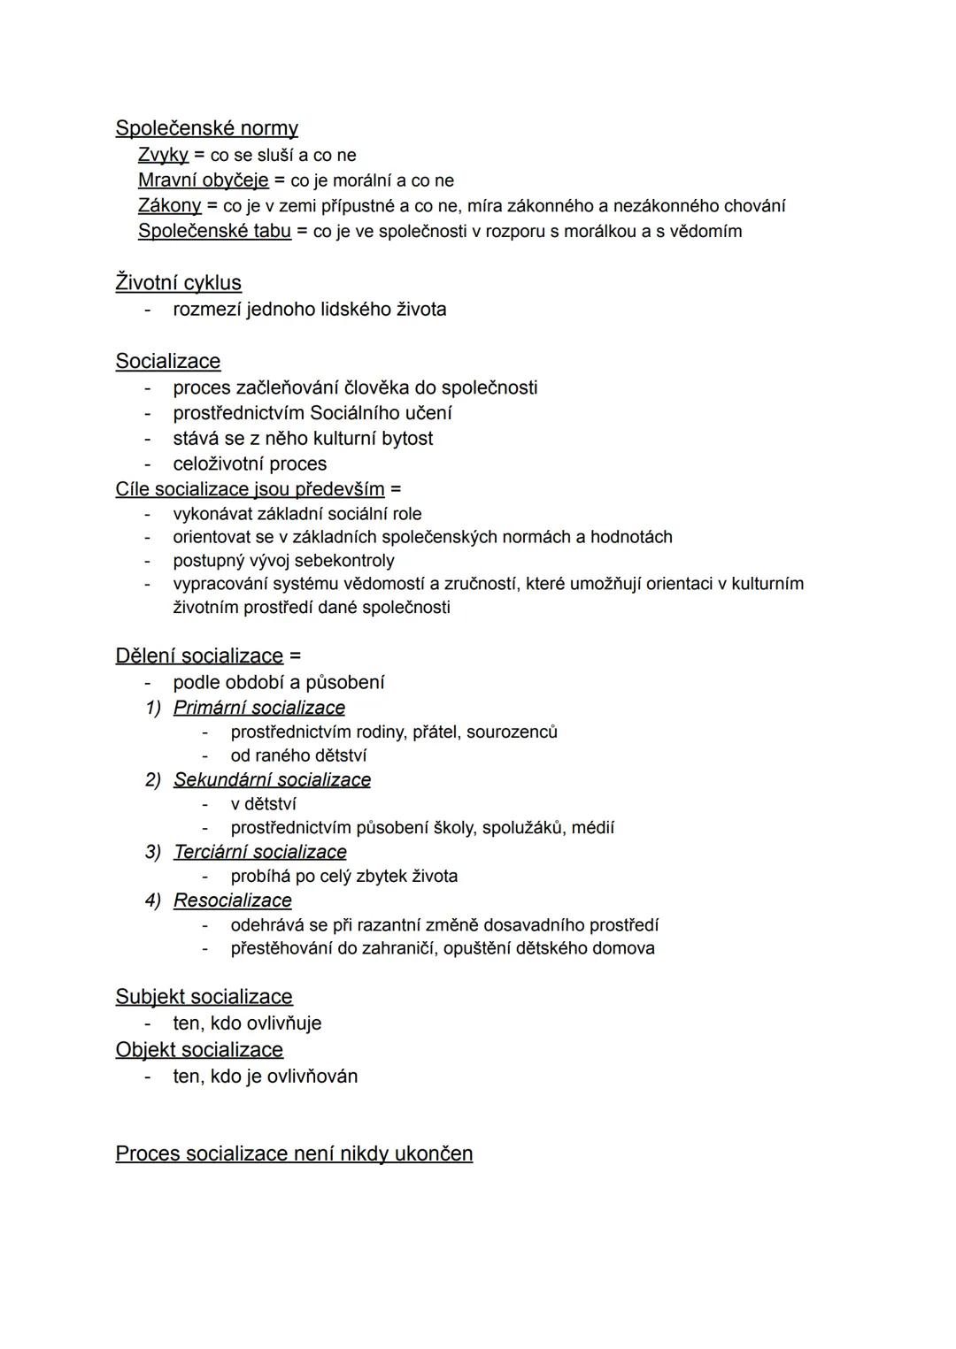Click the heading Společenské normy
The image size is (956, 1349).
[x=206, y=128]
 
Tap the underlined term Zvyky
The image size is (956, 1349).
[x=163, y=155]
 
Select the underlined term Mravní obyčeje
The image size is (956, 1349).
[x=203, y=180]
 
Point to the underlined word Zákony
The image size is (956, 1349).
[x=169, y=206]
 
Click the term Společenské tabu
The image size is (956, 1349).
[x=214, y=231]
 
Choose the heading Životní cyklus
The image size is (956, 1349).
[x=178, y=282]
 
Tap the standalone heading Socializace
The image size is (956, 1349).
[x=167, y=361]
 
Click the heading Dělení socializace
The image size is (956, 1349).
[x=199, y=655]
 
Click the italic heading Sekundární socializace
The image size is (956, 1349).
[x=272, y=779]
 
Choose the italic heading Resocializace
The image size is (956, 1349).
[x=232, y=900]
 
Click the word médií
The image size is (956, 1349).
[x=592, y=828]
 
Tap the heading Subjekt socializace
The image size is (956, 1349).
[x=204, y=996]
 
